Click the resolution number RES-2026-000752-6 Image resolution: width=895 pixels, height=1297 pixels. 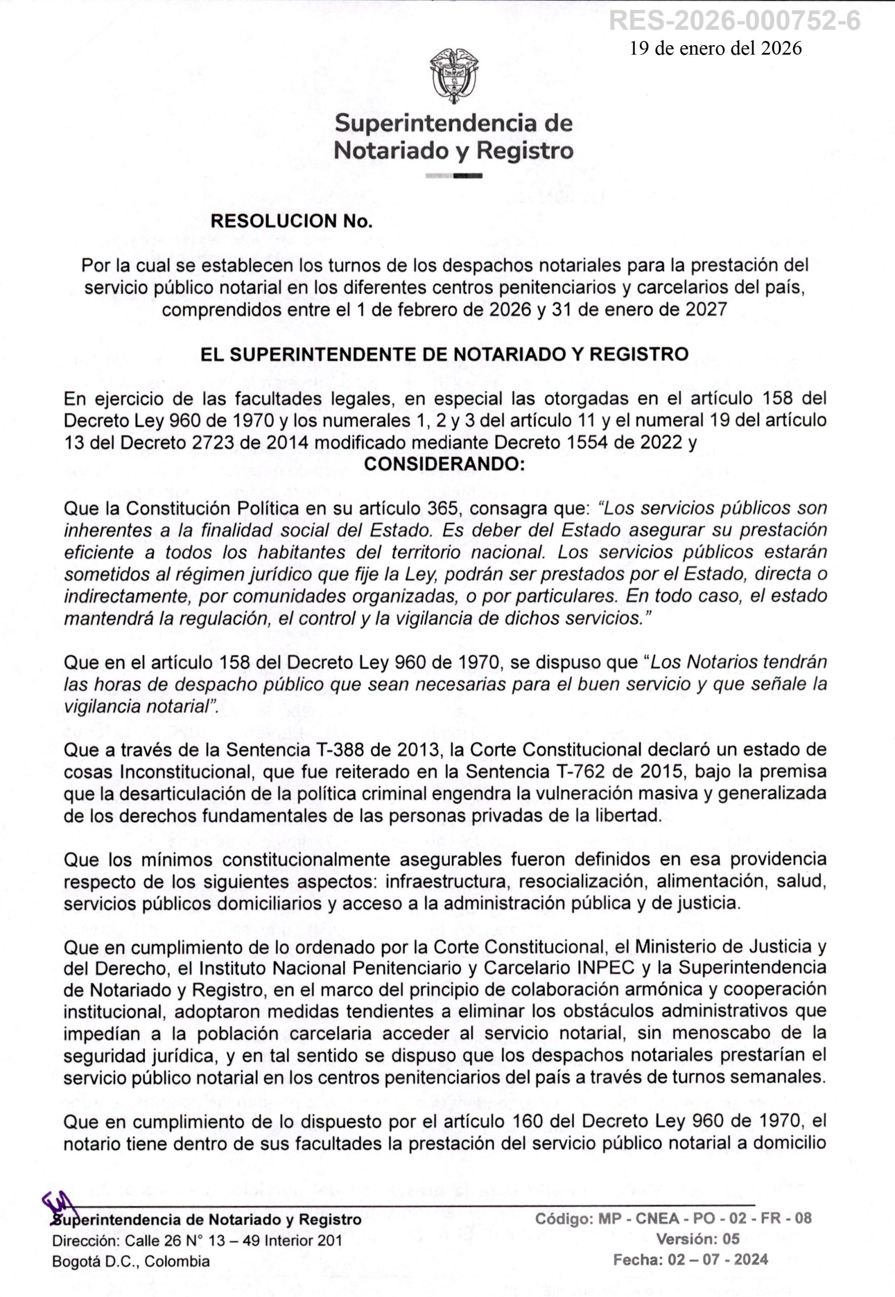[x=734, y=21]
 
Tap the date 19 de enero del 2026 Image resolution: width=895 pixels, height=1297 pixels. [x=716, y=48]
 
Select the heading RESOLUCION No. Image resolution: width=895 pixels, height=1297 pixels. [x=291, y=221]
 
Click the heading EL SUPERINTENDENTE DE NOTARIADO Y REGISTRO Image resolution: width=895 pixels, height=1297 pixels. [x=444, y=354]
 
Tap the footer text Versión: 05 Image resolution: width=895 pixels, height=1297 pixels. [x=698, y=1239]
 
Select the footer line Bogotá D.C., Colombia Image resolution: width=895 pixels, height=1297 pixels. [x=131, y=1262]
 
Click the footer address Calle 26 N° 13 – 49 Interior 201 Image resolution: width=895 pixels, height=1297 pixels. [x=233, y=1240]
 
